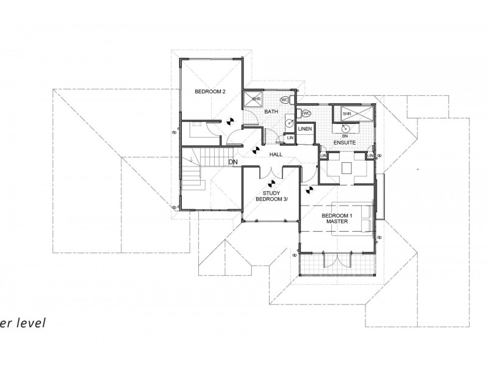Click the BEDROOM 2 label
click(210, 91)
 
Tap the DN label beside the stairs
click(232, 162)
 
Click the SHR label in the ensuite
click(346, 114)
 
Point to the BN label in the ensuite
click(345, 135)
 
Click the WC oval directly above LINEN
click(306, 113)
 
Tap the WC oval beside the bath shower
click(284, 99)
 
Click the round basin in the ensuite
click(345, 128)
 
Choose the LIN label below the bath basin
click(290, 138)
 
